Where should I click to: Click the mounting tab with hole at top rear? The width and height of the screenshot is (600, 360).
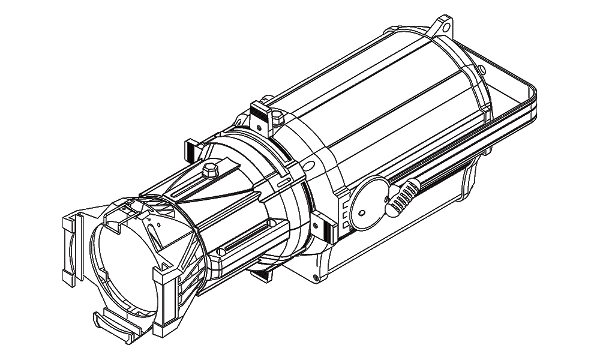[x=443, y=26]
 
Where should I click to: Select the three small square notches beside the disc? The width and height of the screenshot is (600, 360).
[x=344, y=213]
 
